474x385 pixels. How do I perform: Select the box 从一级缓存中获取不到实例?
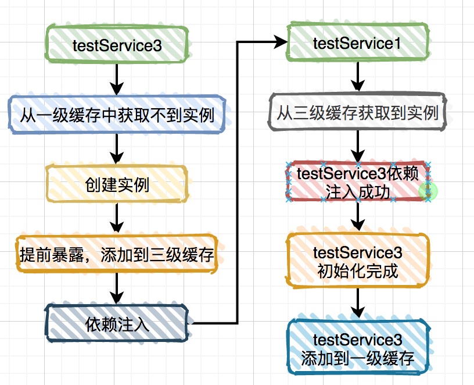click(117, 114)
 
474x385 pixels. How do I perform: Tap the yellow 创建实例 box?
click(117, 184)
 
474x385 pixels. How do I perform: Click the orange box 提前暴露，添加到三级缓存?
click(117, 254)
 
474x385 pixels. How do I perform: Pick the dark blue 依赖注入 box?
click(117, 323)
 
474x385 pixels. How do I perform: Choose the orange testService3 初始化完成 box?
click(358, 261)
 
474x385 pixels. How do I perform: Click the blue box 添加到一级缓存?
click(358, 348)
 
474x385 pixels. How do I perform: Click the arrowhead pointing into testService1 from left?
click(281, 42)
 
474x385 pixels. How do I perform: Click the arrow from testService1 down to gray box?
click(357, 76)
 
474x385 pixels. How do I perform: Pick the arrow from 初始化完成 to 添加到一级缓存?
click(358, 303)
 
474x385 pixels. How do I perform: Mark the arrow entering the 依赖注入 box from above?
click(117, 288)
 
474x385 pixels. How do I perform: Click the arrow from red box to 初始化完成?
click(358, 216)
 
